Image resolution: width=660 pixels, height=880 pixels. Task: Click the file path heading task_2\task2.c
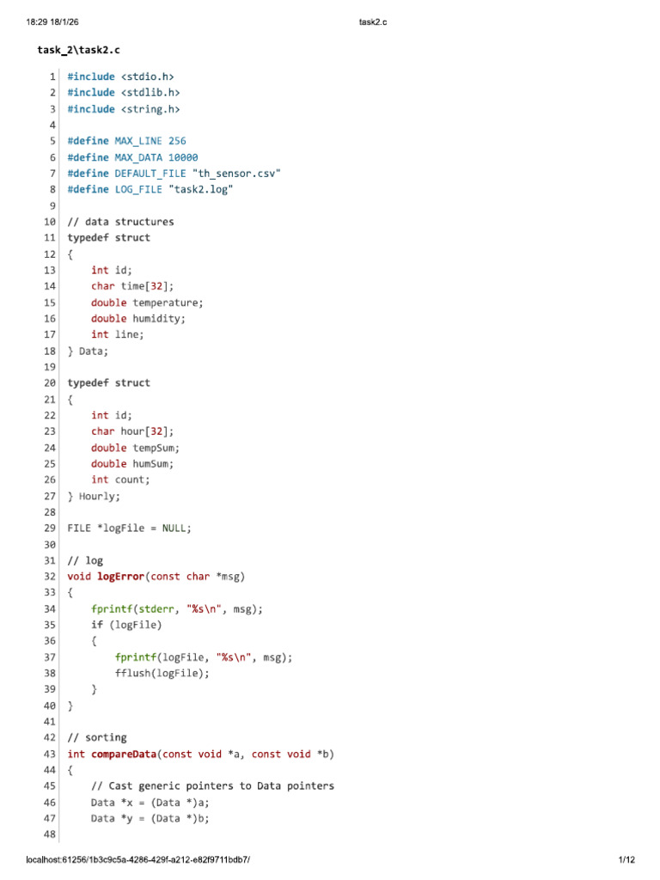(78, 50)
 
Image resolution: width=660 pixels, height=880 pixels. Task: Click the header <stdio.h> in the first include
(148, 76)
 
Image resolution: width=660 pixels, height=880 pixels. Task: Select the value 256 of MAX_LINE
(177, 141)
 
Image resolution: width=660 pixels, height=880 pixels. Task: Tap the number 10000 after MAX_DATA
(183, 157)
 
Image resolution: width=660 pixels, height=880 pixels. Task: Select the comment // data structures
(120, 222)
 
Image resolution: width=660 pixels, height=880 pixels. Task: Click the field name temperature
(168, 302)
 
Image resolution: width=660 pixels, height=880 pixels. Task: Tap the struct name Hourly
(99, 496)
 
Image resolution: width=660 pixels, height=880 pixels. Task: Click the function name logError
(120, 577)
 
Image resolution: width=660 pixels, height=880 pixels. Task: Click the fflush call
(162, 673)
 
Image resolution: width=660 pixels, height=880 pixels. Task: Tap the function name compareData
(124, 754)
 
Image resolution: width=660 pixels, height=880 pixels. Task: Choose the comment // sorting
(97, 737)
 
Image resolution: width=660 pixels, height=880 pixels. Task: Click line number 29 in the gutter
(50, 529)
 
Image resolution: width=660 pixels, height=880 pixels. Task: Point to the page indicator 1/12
(626, 859)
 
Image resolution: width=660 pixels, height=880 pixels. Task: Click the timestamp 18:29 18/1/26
(52, 21)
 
